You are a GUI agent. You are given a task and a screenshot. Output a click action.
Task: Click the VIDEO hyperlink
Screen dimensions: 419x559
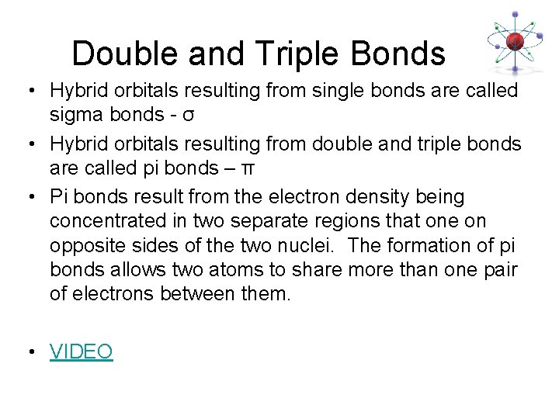pyautogui.click(x=82, y=351)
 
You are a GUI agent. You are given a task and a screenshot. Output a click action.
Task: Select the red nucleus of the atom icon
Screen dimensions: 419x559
pyautogui.click(x=512, y=40)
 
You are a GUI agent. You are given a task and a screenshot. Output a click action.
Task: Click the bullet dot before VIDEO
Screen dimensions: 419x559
pyautogui.click(x=29, y=352)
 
